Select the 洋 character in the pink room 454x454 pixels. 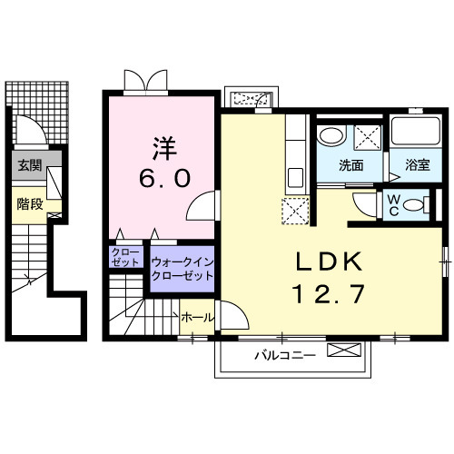[162, 144]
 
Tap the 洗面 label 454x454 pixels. [350, 166]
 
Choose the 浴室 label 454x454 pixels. [418, 166]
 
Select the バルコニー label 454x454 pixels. [284, 355]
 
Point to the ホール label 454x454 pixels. [197, 318]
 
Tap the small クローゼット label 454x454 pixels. [125, 256]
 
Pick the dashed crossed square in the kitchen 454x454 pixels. [295, 211]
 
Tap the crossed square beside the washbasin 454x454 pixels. [368, 138]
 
